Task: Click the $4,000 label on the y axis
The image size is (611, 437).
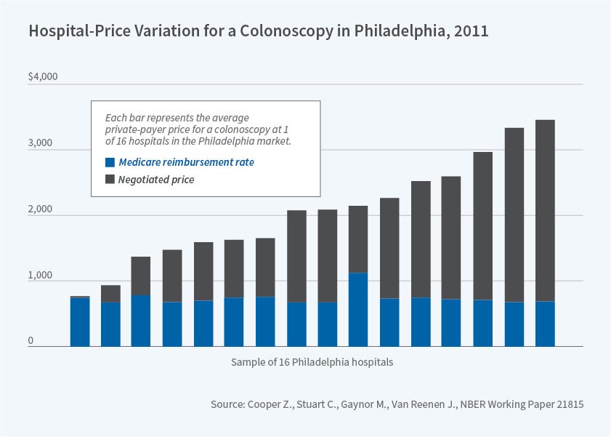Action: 42,77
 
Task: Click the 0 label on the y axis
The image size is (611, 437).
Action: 31,341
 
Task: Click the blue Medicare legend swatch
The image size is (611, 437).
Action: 110,163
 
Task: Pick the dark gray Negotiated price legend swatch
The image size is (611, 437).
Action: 110,179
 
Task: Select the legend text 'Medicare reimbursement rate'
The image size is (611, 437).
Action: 186,163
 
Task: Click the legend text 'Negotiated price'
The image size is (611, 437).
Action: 156,179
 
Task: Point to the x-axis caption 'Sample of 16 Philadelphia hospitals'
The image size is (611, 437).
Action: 312,362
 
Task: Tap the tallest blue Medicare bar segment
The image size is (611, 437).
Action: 357,310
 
